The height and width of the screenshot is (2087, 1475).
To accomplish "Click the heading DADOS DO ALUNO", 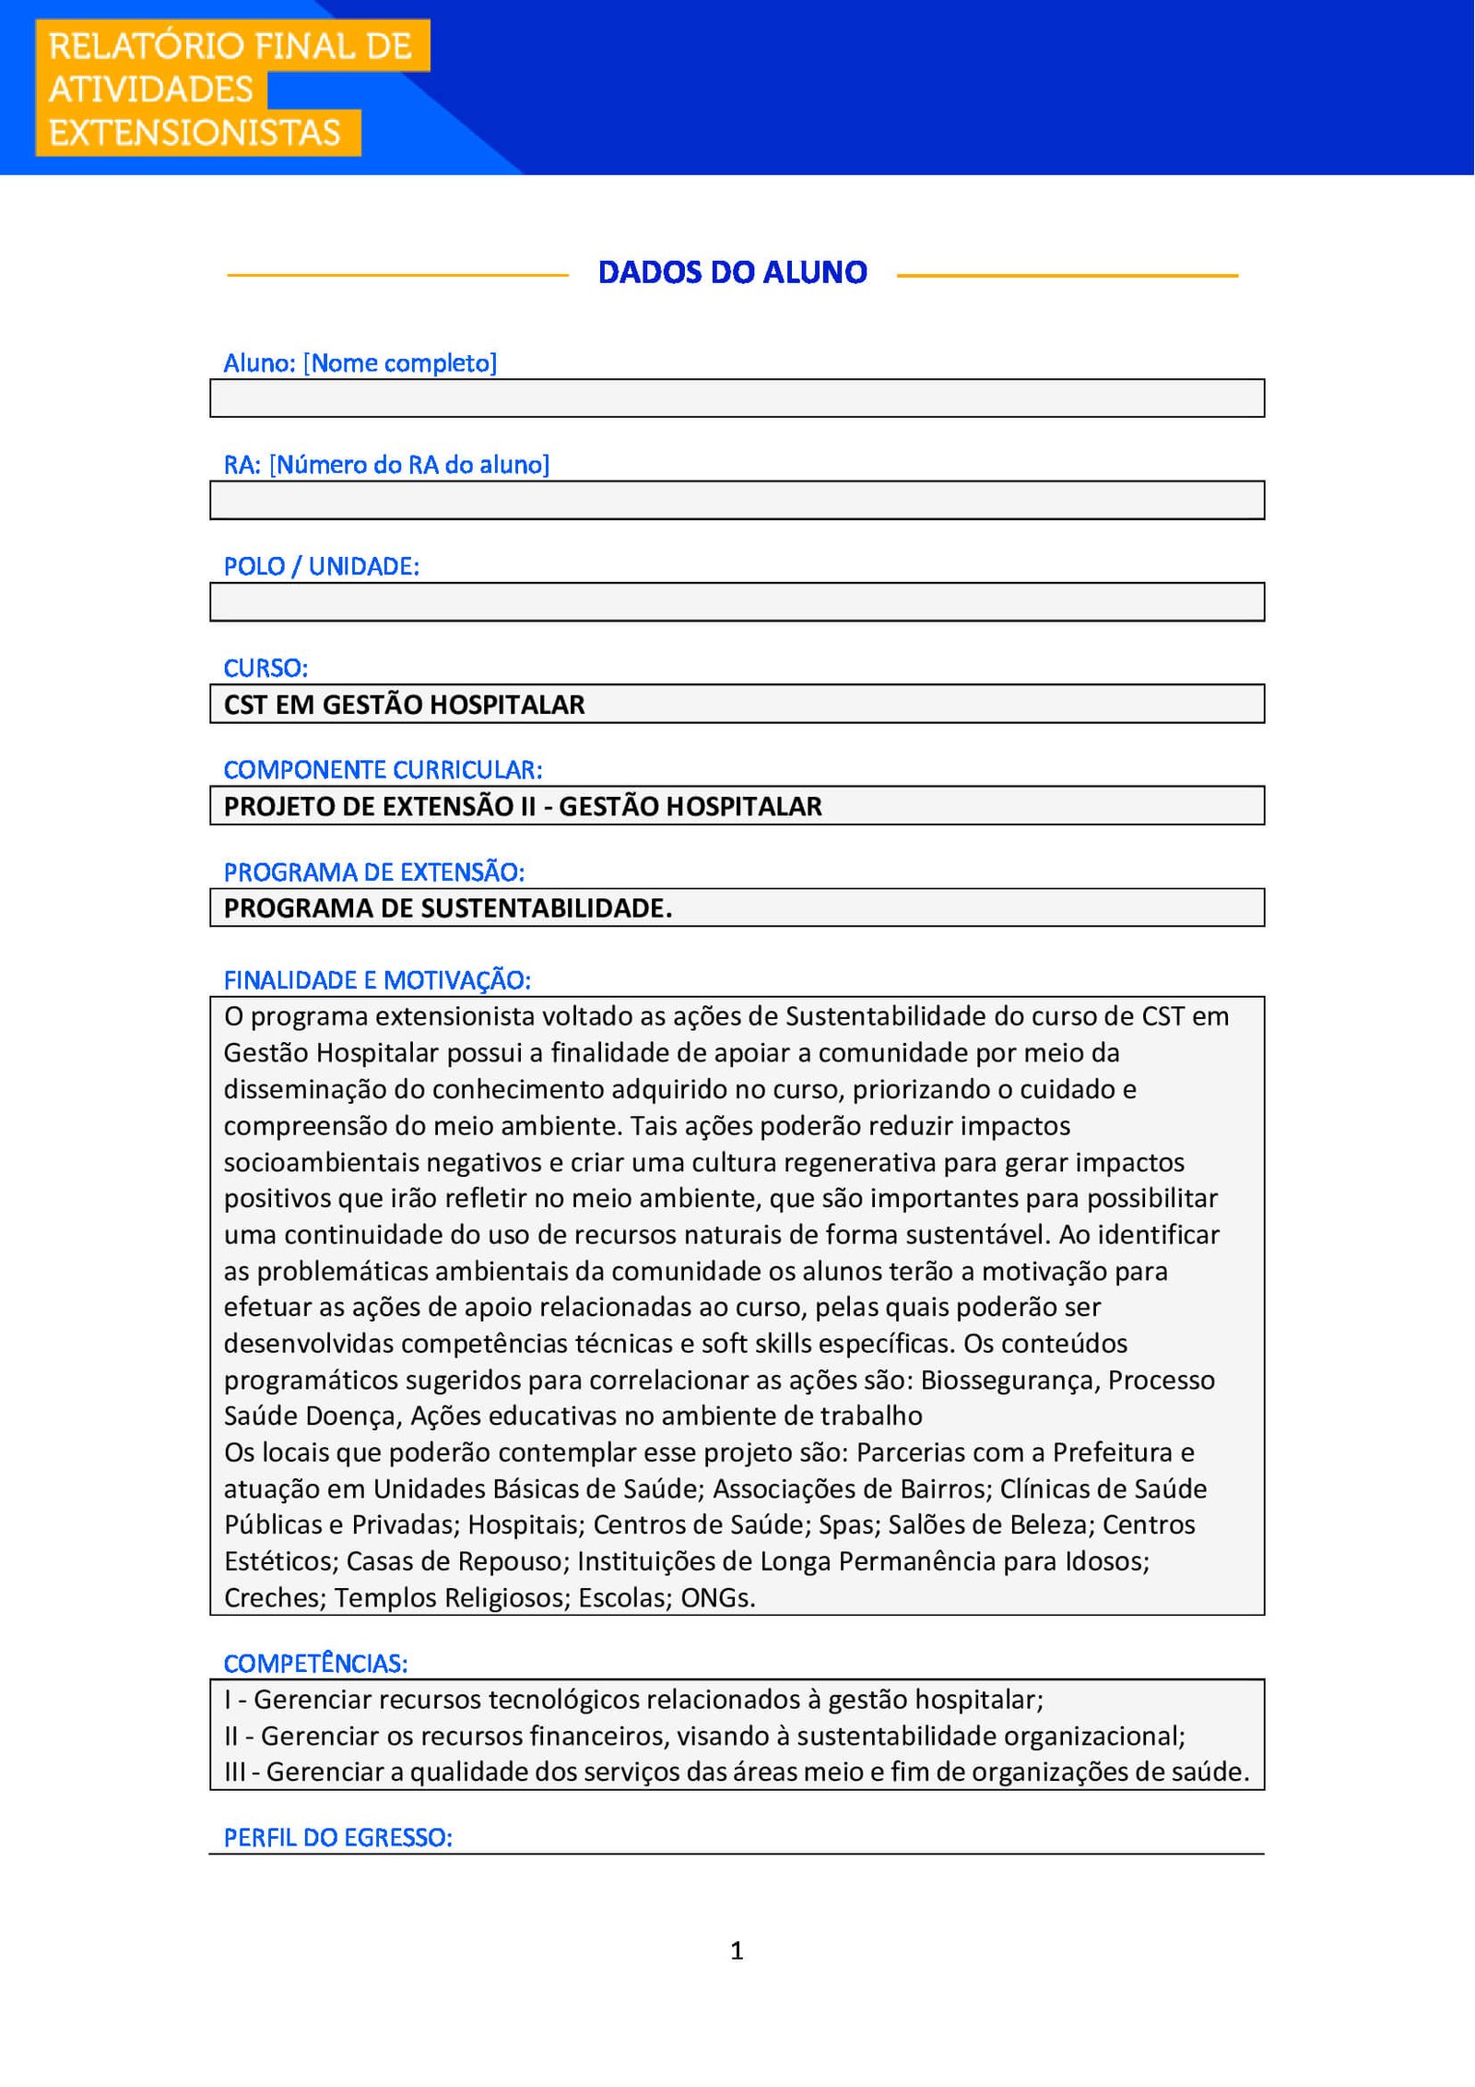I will pyautogui.click(x=732, y=273).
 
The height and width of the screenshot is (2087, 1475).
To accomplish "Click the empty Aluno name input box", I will pyautogui.click(x=737, y=398).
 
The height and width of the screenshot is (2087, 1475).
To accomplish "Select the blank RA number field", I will pyautogui.click(x=737, y=500).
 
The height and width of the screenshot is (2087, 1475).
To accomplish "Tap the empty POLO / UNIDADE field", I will pyautogui.click(x=737, y=602).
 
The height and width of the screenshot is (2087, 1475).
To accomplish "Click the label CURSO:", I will pyautogui.click(x=265, y=668).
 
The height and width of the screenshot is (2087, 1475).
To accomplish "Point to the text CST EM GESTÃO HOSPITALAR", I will pyautogui.click(x=404, y=705).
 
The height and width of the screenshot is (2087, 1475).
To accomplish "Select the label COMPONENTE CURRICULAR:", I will pyautogui.click(x=383, y=769).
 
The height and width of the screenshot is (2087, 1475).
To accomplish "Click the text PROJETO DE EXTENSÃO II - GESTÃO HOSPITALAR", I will pyautogui.click(x=522, y=806).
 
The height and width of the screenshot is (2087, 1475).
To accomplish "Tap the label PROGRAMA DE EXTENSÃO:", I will pyautogui.click(x=373, y=872).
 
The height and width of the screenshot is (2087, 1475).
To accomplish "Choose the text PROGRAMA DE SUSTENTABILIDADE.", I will pyautogui.click(x=447, y=908).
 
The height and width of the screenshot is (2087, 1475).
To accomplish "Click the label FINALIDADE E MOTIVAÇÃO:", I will pyautogui.click(x=376, y=980).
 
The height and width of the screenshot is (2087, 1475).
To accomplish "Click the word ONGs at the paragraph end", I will pyautogui.click(x=717, y=1598).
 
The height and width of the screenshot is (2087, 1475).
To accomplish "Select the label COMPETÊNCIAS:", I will pyautogui.click(x=315, y=1664).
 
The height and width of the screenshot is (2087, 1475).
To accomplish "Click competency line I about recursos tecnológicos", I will pyautogui.click(x=633, y=1700).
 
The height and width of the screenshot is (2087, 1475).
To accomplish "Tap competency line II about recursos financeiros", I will pyautogui.click(x=704, y=1736).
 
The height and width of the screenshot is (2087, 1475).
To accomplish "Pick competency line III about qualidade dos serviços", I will pyautogui.click(x=737, y=1772).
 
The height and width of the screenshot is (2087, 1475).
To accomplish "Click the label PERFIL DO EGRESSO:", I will pyautogui.click(x=337, y=1837).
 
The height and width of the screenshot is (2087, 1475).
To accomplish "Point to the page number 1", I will pyautogui.click(x=737, y=1951).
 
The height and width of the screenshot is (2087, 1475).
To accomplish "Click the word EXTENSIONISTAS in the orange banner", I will pyautogui.click(x=195, y=133).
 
